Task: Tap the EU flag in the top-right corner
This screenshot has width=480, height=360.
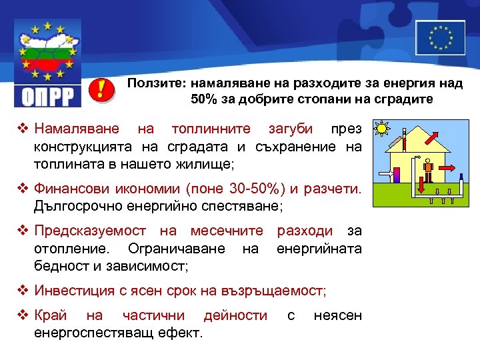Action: (x=441, y=37)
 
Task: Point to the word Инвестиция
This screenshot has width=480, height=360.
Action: (x=73, y=291)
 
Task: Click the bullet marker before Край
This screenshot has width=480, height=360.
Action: (x=24, y=315)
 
